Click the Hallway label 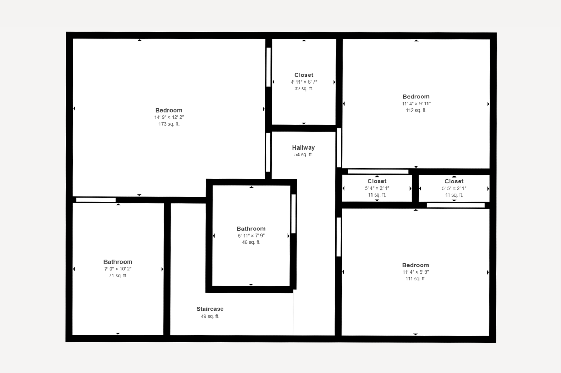click(303, 147)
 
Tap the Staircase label click(210, 309)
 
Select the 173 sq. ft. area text click(169, 124)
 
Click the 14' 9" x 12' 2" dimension click(169, 117)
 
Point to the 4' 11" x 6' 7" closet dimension click(304, 82)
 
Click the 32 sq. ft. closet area click(304, 88)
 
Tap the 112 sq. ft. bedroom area click(416, 110)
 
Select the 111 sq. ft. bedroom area click(415, 278)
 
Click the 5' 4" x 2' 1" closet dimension click(377, 188)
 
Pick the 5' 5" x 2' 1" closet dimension click(454, 188)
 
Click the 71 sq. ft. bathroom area click(118, 276)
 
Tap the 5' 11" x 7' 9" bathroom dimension click(251, 236)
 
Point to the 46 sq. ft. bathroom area click(251, 242)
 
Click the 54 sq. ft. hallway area click(303, 155)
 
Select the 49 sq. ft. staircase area click(210, 316)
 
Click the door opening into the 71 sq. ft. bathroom click(96, 200)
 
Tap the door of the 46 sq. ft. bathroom click(294, 214)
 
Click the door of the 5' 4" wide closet click(378, 171)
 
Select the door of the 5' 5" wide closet click(456, 205)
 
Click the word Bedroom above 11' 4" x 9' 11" click(416, 97)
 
